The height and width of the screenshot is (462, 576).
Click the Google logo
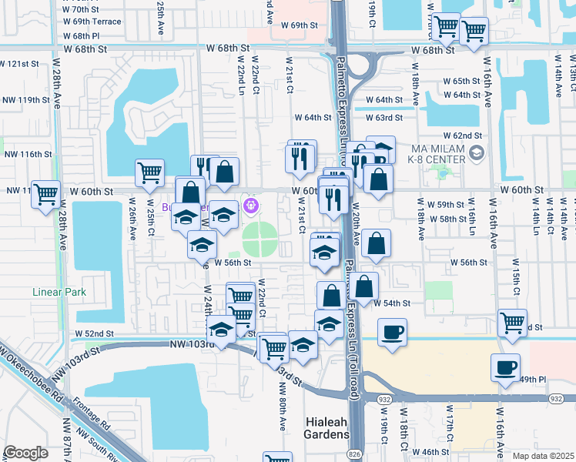[26, 453]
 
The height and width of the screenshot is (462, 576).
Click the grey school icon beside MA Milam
[477, 153]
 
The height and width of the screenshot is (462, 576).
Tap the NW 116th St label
[26, 154]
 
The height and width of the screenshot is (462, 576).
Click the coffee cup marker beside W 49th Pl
[504, 368]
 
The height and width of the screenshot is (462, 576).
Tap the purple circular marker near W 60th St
[249, 206]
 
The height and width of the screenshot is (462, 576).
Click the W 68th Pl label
[82, 36]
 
